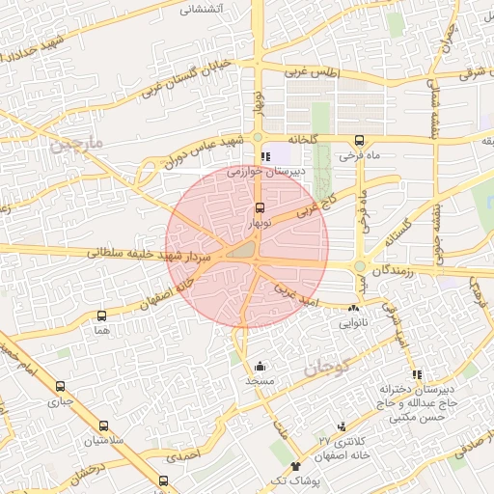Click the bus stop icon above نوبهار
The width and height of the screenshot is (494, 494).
pos(259,207)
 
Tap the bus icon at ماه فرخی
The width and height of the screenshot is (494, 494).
pos(359,140)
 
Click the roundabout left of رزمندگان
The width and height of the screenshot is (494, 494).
pos(361,266)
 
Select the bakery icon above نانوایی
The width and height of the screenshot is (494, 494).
pos(353,309)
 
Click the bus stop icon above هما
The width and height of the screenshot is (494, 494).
pos(102,316)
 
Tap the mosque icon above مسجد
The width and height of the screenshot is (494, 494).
pos(260,367)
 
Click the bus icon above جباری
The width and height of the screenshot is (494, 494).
pos(61,386)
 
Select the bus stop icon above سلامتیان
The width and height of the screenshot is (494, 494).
pos(103,425)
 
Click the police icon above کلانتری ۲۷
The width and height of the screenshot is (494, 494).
pos(342,426)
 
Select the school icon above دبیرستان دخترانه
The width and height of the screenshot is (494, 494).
pos(417,374)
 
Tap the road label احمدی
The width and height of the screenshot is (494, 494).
pos(182,452)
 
